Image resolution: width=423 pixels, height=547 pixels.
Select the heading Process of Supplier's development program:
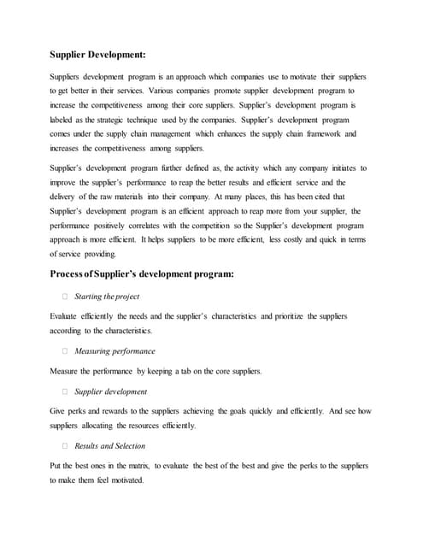(142, 274)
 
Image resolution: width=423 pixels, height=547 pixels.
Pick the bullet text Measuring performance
(115, 350)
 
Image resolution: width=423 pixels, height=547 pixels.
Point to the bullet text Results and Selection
(109, 445)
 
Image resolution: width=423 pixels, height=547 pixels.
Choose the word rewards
(122, 411)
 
